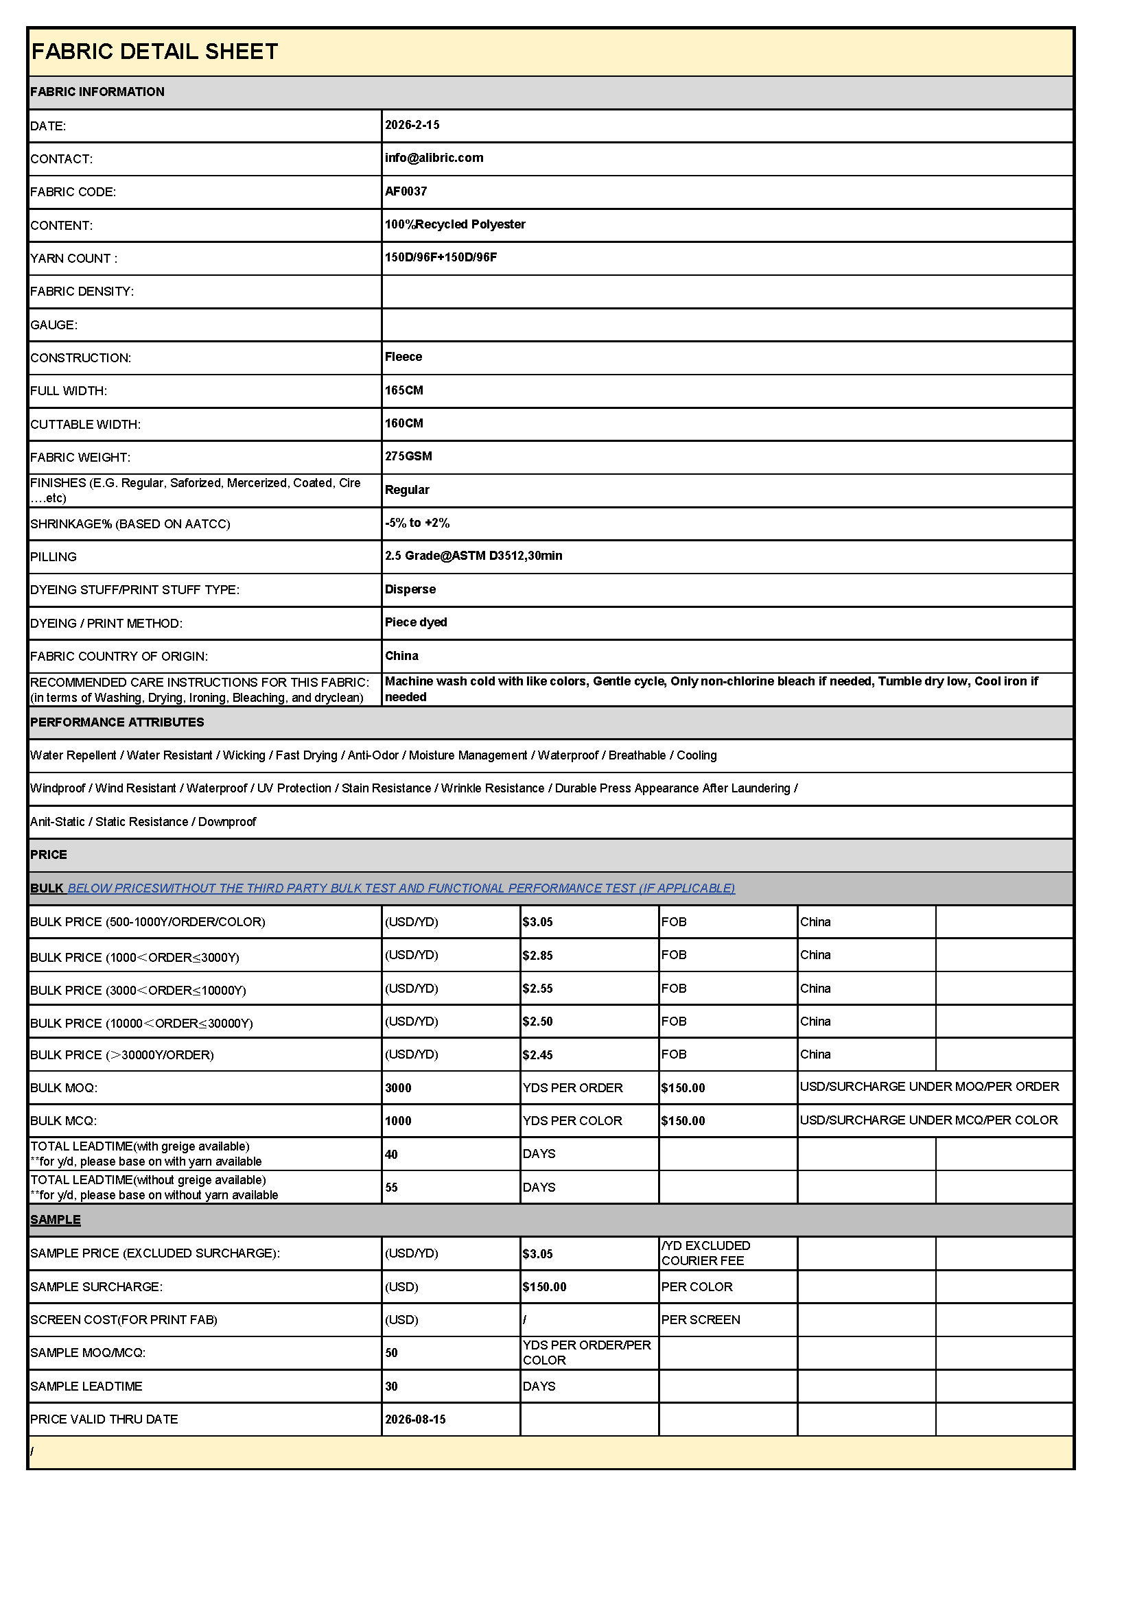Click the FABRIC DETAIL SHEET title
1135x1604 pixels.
[154, 51]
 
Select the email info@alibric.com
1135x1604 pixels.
[433, 158]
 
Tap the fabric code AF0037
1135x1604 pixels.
[406, 191]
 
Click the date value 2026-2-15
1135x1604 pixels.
[412, 125]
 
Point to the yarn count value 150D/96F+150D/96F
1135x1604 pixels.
[441, 257]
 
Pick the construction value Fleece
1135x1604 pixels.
[403, 357]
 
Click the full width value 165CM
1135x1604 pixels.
[404, 390]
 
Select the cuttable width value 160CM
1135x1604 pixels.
[404, 423]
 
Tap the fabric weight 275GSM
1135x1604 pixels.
[408, 456]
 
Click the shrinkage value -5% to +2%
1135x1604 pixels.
[417, 523]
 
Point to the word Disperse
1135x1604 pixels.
[410, 589]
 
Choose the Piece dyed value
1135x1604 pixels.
[416, 622]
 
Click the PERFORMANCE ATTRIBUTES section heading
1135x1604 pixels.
[117, 722]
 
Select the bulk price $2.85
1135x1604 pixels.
[537, 955]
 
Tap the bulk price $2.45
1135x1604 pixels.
[537, 1055]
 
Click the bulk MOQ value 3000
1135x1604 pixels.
[398, 1087]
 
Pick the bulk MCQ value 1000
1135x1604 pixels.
[398, 1121]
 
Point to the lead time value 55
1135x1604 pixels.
[391, 1188]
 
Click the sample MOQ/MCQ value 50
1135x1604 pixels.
[391, 1353]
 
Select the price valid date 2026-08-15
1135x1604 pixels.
[415, 1419]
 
